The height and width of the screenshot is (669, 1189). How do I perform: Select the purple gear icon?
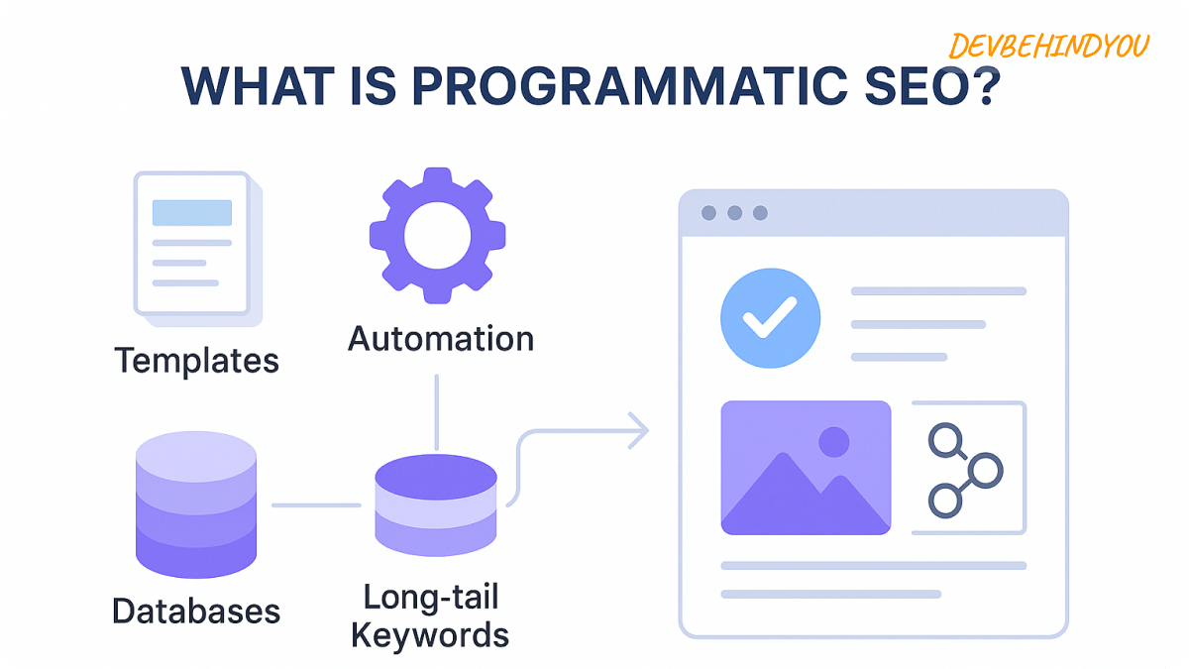click(437, 236)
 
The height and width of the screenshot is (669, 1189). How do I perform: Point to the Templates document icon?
click(196, 247)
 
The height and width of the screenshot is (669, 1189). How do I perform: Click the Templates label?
click(196, 360)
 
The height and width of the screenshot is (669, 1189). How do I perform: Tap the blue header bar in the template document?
click(191, 212)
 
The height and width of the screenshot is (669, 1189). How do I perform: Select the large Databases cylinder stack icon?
click(195, 505)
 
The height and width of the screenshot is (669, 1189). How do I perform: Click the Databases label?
click(196, 611)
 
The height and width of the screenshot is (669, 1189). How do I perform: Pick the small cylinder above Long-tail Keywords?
click(436, 505)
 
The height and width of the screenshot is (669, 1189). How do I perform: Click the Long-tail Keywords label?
click(430, 615)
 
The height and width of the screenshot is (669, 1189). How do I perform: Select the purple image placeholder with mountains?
click(806, 468)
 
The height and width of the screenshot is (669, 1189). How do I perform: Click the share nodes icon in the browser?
click(965, 469)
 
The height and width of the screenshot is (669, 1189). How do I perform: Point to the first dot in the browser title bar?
click(708, 213)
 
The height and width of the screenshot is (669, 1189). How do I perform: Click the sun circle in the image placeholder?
click(834, 441)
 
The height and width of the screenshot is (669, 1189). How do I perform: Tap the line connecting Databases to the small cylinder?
click(316, 505)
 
